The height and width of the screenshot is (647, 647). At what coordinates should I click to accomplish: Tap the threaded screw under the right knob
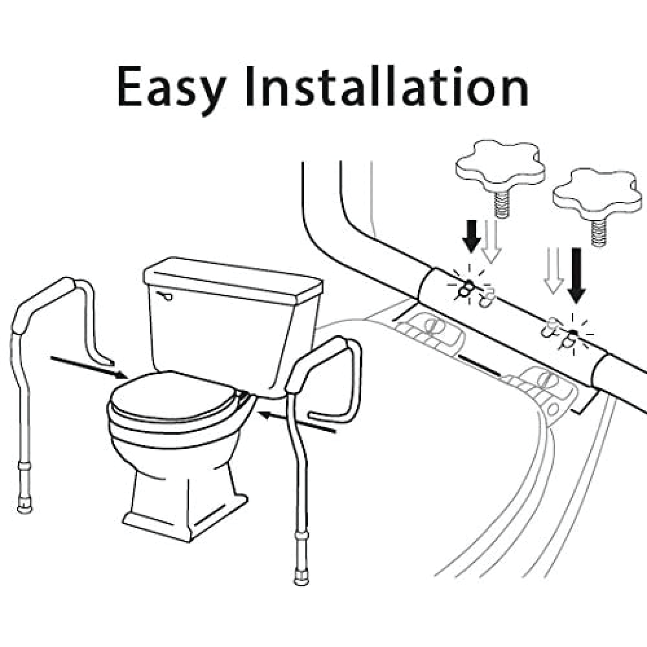[x=598, y=233]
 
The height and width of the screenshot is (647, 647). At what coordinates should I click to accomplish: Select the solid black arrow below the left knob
[x=471, y=236]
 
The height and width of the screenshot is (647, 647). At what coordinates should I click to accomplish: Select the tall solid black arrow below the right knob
[x=576, y=275]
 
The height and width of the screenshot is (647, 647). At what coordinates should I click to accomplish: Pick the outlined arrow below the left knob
[x=491, y=242]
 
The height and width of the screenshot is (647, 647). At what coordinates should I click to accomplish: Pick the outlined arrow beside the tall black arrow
[x=554, y=270]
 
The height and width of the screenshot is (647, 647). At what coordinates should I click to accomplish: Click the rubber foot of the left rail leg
[x=25, y=507]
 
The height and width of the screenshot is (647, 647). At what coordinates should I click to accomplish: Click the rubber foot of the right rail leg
[x=301, y=577]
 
